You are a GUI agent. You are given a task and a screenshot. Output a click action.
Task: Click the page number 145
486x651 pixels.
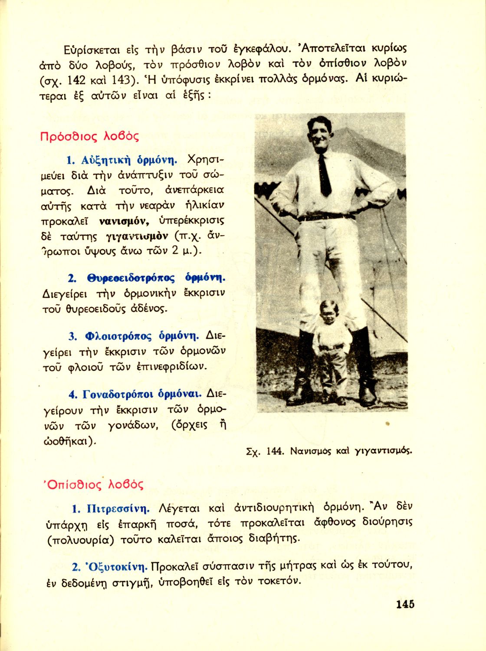point(405,604)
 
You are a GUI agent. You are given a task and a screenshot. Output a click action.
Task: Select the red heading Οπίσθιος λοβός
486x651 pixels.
point(94,484)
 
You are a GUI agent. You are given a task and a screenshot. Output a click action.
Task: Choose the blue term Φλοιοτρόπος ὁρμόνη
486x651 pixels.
point(142,336)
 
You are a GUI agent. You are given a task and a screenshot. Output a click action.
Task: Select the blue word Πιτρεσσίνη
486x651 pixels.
point(118,508)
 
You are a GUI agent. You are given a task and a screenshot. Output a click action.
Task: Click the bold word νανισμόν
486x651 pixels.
point(124,221)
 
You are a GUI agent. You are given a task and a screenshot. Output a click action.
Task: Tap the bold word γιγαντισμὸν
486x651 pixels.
point(137,237)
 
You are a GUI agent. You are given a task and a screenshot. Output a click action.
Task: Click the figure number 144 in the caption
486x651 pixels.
point(275,451)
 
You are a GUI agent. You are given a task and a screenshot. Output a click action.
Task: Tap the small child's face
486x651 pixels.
point(328,313)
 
